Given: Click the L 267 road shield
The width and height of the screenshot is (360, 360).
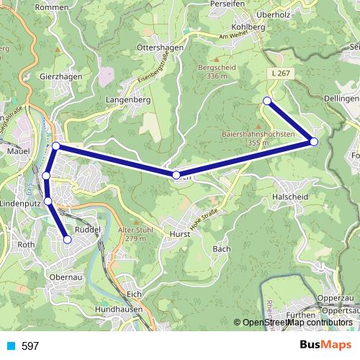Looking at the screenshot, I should click(x=283, y=73).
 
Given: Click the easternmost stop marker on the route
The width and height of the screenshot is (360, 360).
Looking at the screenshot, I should click(x=314, y=141).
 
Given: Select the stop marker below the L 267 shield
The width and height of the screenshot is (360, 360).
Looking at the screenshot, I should click(x=267, y=101).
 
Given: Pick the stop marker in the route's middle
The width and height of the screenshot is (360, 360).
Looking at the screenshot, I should click(x=176, y=175).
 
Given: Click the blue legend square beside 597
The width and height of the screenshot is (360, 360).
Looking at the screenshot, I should click(x=11, y=346).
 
